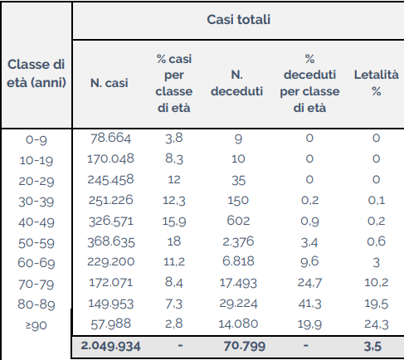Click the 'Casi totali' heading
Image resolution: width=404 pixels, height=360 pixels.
click(x=238, y=20)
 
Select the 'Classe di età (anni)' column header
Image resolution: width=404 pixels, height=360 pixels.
click(x=37, y=74)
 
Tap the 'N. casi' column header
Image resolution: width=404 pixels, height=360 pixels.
click(x=110, y=83)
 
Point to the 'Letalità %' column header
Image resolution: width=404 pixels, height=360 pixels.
click(x=377, y=83)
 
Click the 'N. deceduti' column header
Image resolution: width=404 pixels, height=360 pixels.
click(x=237, y=83)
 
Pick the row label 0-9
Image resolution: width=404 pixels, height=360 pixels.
click(x=37, y=139)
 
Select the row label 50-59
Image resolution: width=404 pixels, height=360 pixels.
click(x=37, y=243)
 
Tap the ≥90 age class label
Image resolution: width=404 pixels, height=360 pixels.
click(x=37, y=325)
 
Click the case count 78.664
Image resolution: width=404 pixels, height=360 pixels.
click(x=110, y=139)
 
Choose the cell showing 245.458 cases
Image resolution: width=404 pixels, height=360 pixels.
click(x=110, y=180)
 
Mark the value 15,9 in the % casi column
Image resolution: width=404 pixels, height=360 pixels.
click(x=174, y=221)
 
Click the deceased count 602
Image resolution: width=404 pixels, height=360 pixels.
click(x=238, y=221)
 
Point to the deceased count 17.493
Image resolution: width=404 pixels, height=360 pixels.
click(x=238, y=283)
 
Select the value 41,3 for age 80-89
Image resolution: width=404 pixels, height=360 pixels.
click(x=309, y=304)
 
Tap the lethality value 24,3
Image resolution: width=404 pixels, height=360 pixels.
click(x=377, y=324)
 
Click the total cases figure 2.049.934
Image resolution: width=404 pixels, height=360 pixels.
click(x=110, y=346)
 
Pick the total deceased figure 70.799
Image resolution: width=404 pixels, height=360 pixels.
click(x=245, y=346)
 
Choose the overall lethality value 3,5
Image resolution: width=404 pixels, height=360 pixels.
click(x=372, y=347)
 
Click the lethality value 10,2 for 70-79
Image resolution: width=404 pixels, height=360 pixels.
click(x=377, y=283)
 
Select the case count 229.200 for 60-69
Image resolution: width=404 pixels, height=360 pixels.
click(x=110, y=262)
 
